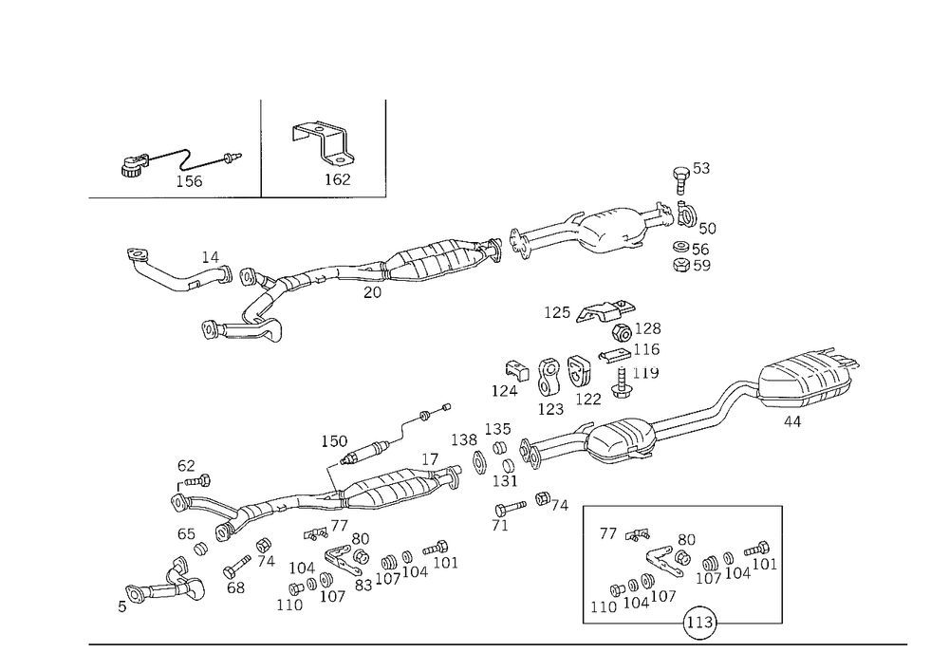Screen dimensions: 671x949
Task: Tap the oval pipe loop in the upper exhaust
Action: point(609,232)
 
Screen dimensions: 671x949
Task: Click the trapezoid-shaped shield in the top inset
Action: point(318,129)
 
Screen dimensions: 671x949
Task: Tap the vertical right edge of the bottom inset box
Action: point(784,565)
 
